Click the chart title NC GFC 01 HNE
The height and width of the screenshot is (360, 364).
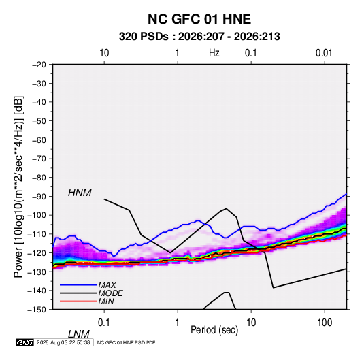pyautogui.click(x=199, y=19)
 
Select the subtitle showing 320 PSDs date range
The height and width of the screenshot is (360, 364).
pyautogui.click(x=199, y=37)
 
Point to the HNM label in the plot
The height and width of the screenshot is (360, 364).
pyautogui.click(x=80, y=193)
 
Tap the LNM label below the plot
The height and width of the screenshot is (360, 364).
pyautogui.click(x=78, y=334)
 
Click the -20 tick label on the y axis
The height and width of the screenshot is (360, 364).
pyautogui.click(x=39, y=65)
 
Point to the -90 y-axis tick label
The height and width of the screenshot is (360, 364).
pyautogui.click(x=39, y=196)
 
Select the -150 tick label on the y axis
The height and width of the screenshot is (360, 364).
pyautogui.click(x=37, y=310)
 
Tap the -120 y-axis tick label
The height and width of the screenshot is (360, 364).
pyautogui.click(x=37, y=252)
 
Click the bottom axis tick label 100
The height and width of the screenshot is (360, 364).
pyautogui.click(x=324, y=323)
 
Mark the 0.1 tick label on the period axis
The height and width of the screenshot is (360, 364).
pyautogui.click(x=104, y=323)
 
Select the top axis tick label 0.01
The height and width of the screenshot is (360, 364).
pyautogui.click(x=324, y=53)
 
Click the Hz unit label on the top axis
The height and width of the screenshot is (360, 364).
pyautogui.click(x=214, y=53)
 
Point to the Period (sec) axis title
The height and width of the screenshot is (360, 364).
pyautogui.click(x=214, y=330)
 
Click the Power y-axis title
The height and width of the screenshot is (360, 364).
pyautogui.click(x=18, y=187)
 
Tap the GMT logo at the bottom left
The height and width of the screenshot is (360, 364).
pyautogui.click(x=25, y=342)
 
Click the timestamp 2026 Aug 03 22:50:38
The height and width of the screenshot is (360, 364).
pyautogui.click(x=63, y=342)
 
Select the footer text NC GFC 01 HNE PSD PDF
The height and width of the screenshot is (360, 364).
pyautogui.click(x=126, y=342)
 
